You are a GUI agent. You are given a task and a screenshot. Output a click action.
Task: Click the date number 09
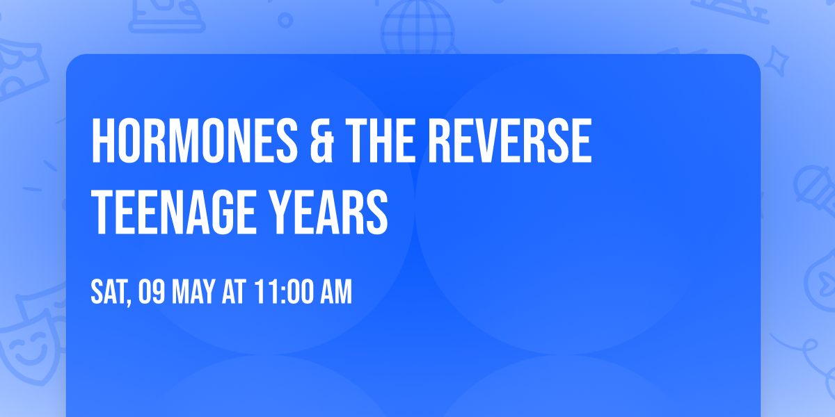coord(152,293)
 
